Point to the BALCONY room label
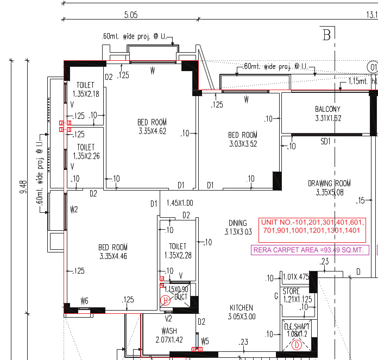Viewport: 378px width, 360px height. tap(327, 109)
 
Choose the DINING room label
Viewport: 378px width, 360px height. tap(238, 223)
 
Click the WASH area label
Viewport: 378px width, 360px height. tap(169, 331)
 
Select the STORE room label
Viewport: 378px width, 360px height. tap(291, 292)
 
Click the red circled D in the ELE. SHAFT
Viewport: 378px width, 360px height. tap(297, 345)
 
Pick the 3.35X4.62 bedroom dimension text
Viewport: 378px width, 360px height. tap(152, 131)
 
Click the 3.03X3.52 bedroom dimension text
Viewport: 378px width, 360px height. tap(242, 144)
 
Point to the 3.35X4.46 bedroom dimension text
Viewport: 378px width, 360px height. tap(114, 256)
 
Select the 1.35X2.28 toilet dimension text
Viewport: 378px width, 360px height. tap(178, 255)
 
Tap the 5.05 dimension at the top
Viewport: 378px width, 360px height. tap(131, 15)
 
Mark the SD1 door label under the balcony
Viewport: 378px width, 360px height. tap(325, 141)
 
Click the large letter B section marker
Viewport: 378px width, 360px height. tap(326, 35)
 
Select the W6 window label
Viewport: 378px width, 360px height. tap(84, 300)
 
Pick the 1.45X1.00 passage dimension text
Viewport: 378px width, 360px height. tap(180, 203)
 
